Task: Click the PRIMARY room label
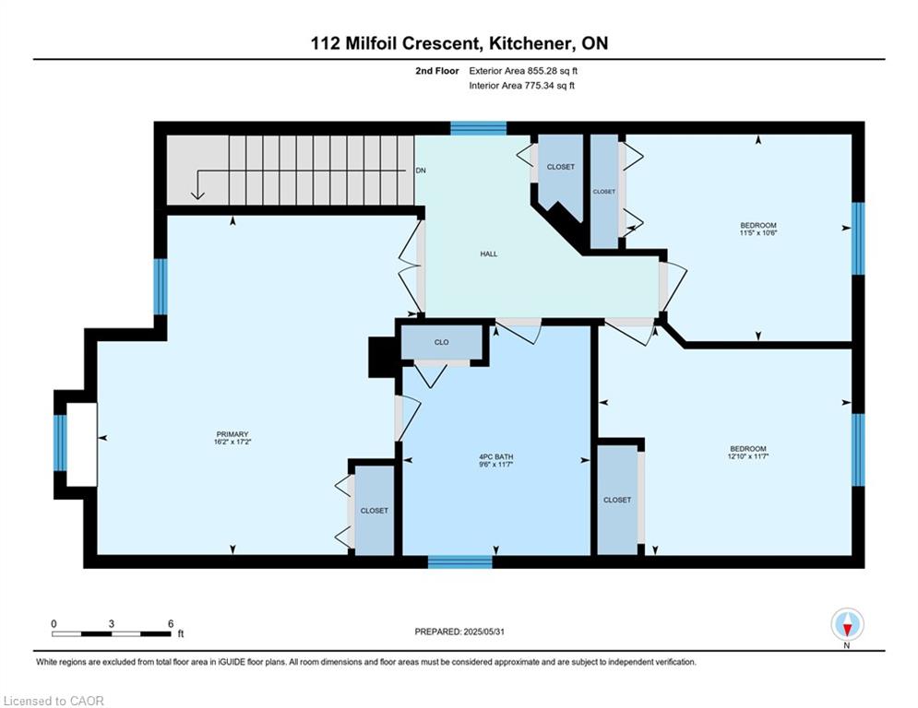tap(232, 434)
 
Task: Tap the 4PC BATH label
tap(495, 457)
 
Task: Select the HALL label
tap(489, 254)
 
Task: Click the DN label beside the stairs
tap(421, 171)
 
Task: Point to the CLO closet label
tap(441, 342)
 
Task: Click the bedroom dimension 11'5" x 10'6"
tap(758, 232)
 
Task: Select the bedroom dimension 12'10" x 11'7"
tap(747, 455)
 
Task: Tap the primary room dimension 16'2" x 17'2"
tap(232, 442)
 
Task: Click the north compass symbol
tap(847, 625)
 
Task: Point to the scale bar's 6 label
tap(171, 624)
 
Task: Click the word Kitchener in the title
tap(531, 43)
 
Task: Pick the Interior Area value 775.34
tap(539, 86)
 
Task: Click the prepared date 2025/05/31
tap(483, 631)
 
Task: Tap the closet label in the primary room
tap(374, 511)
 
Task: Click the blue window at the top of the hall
tap(478, 128)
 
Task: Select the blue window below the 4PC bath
tap(460, 561)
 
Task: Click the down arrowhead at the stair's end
tap(197, 195)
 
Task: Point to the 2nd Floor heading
tap(436, 71)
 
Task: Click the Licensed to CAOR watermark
tap(54, 701)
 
